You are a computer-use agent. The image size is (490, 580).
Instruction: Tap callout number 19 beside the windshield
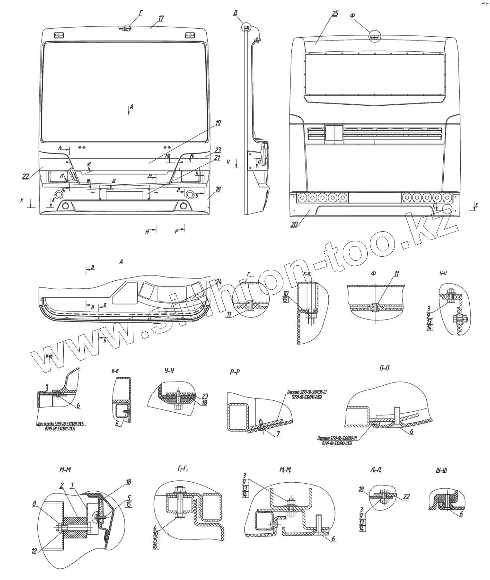pos(218,123)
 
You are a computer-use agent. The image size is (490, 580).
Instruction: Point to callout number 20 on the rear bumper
pos(294,224)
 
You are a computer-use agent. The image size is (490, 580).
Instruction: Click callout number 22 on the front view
pos(25,176)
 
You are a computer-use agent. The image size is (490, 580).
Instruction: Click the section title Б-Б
pos(50,356)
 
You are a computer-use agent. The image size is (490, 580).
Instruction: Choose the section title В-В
pos(116,371)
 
